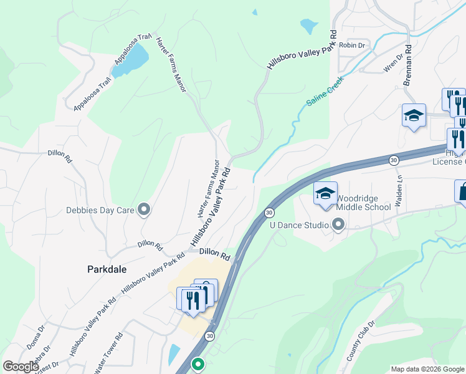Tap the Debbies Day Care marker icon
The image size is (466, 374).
(x=144, y=209)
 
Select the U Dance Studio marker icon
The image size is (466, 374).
(x=338, y=223)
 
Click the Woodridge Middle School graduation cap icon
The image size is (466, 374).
(x=325, y=194)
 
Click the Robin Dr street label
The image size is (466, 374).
(x=352, y=46)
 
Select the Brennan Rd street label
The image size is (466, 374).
(x=407, y=64)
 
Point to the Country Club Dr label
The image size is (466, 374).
(x=359, y=342)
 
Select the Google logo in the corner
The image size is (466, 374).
(x=20, y=367)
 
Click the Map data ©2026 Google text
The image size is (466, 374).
(x=427, y=369)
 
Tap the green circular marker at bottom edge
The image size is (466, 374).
(x=198, y=363)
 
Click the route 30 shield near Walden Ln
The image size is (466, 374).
(x=394, y=160)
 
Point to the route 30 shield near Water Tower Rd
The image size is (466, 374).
(x=210, y=336)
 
